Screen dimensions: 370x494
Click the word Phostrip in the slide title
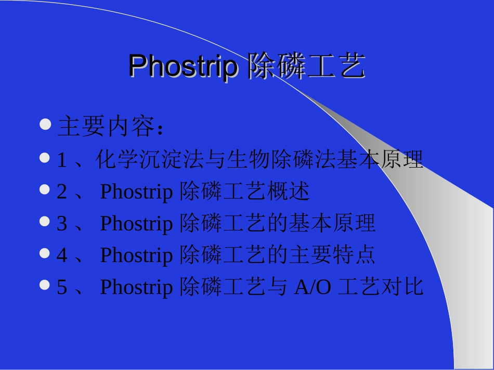[x=181, y=66]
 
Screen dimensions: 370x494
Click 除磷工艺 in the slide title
[x=306, y=67]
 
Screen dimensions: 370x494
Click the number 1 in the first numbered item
[x=61, y=161]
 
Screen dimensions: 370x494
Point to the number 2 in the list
[x=61, y=192]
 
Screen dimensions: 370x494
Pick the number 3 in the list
[x=61, y=224]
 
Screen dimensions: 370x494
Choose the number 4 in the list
[x=61, y=255]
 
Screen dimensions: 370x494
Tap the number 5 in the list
[x=61, y=287]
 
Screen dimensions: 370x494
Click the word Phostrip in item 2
[x=136, y=193]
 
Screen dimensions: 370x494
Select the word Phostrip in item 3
[x=136, y=224]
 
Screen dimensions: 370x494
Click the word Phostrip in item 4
[x=136, y=256]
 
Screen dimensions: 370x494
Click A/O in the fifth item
[x=312, y=287]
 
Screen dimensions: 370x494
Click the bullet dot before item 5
[x=45, y=284]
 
